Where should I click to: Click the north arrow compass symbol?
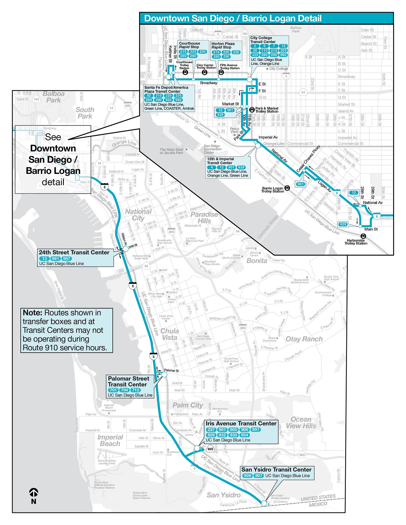33,493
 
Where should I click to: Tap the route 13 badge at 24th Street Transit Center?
45,258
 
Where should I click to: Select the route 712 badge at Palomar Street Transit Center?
136,390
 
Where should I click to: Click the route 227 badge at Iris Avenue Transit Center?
211,429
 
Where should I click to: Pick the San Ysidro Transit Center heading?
276,470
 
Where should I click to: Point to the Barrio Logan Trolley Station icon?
287,188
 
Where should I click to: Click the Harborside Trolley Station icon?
363,236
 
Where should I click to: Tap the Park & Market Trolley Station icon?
252,110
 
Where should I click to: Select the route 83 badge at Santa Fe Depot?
149,96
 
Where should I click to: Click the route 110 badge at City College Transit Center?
264,50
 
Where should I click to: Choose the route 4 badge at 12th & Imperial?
212,167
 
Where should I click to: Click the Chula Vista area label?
170,334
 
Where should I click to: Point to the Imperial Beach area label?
110,440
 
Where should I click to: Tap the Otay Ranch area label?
304,339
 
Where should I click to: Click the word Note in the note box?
32,313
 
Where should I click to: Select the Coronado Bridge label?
268,227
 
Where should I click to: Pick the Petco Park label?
235,130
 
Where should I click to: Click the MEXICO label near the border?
318,504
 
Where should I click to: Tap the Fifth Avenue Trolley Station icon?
221,72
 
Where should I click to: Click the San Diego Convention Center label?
212,149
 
